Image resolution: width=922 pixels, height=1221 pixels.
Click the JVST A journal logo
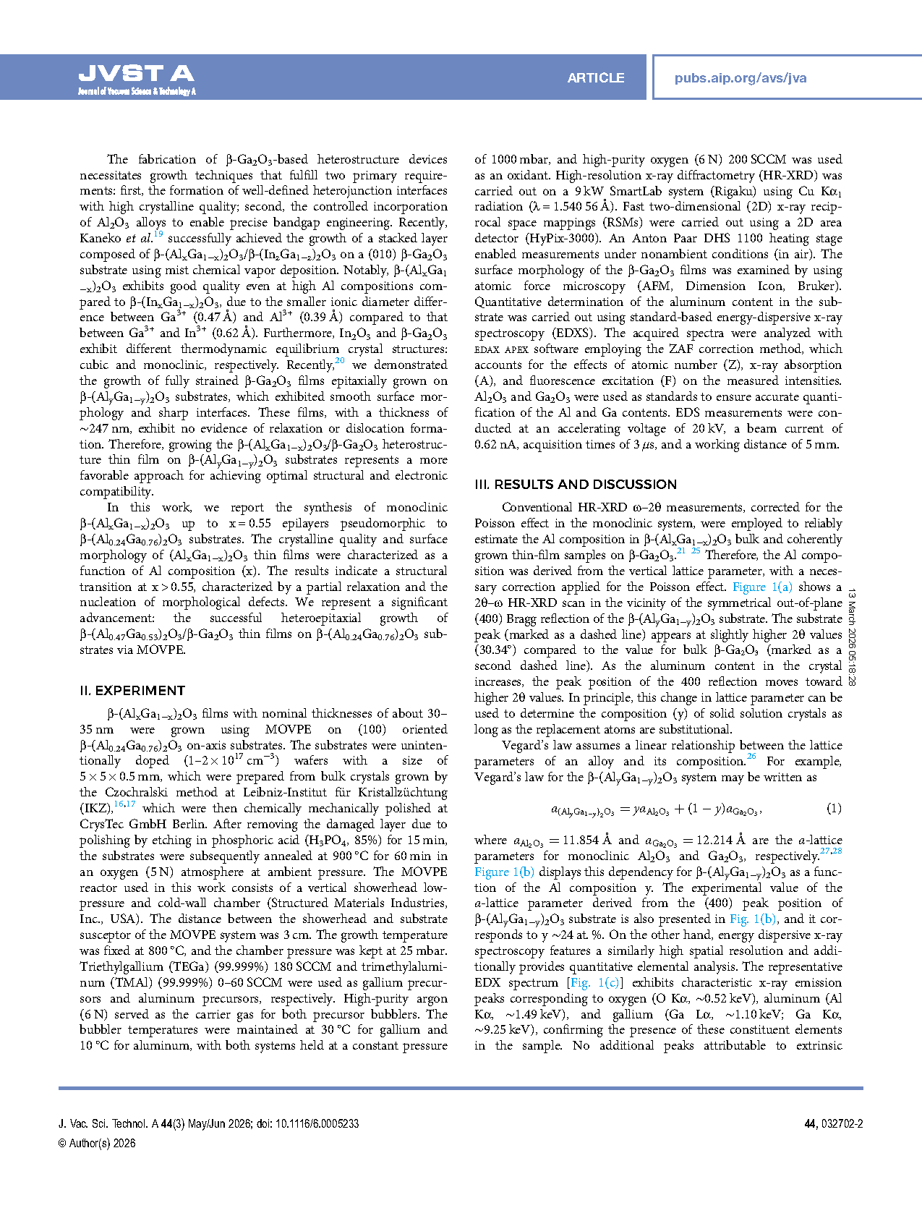pos(136,78)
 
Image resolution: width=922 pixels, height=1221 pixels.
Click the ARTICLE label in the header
pos(595,78)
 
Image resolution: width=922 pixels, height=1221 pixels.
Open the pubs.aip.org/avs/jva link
pos(740,78)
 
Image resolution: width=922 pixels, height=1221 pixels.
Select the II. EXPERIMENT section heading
pos(132,690)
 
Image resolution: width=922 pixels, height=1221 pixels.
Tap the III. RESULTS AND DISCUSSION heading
pos(576,484)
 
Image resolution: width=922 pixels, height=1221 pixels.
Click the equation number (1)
pos(834,808)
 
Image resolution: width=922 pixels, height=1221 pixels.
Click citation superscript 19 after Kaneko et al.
pos(158,234)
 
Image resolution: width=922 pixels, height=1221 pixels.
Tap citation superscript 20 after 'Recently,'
pos(340,361)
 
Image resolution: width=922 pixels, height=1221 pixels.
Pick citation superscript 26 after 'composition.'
pos(751,757)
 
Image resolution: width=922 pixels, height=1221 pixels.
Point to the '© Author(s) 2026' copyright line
pos(97,1143)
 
